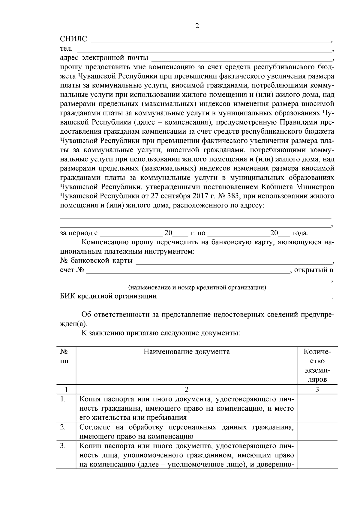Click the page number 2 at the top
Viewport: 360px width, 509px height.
point(197,26)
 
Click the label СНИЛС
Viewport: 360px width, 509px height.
point(73,39)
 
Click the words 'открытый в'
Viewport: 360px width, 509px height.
point(314,270)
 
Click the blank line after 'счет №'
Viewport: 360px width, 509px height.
point(187,271)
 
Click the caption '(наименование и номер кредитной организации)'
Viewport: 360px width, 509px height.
point(197,287)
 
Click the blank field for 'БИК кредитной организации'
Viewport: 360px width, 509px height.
point(244,297)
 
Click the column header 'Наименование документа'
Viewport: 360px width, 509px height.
point(187,352)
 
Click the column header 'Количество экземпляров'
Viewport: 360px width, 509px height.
point(317,365)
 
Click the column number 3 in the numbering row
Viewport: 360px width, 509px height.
point(317,389)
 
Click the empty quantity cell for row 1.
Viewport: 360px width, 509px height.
point(317,408)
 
